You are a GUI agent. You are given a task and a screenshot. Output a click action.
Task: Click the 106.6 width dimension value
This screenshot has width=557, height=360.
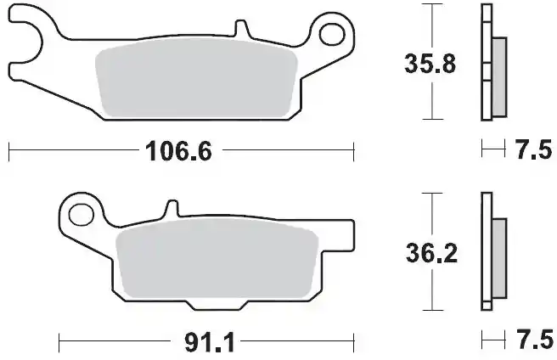click(174, 153)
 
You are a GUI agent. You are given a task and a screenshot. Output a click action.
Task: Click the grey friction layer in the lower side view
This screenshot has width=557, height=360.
click(498, 259)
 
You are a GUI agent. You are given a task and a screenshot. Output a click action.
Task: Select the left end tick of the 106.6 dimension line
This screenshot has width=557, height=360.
click(8, 153)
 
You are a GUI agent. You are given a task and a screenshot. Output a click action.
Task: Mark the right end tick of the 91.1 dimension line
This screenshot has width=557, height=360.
click(352, 344)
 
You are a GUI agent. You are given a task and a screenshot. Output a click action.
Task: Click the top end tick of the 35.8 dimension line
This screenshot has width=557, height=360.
click(433, 5)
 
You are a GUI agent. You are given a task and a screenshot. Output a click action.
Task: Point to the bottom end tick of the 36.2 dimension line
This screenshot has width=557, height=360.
click(433, 311)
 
